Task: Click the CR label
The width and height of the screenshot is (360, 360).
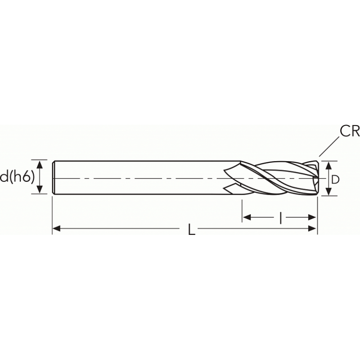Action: pyautogui.click(x=350, y=131)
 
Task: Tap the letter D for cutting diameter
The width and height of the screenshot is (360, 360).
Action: pyautogui.click(x=335, y=179)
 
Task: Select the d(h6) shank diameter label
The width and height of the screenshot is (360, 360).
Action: pyautogui.click(x=17, y=177)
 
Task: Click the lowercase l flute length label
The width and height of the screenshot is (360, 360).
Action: pyautogui.click(x=281, y=218)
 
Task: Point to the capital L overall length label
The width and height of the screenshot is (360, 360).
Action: pyautogui.click(x=192, y=230)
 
